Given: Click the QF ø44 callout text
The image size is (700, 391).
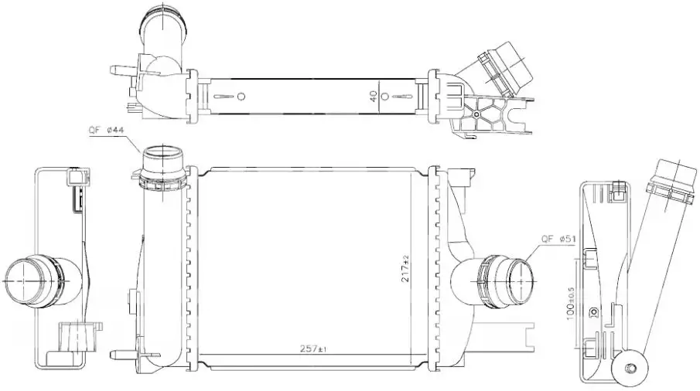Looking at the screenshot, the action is coord(106,130).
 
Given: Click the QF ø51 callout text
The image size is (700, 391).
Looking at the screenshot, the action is coord(558,239).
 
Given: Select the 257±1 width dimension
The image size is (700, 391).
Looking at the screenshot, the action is coord(315,348).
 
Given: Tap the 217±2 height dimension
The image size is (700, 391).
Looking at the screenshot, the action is coord(405,268).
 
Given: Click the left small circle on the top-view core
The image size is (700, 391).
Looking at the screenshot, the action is coord(241,97).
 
